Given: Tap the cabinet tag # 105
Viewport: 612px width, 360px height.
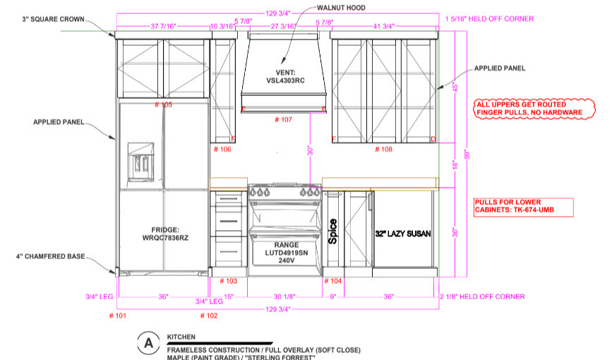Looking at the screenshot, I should coord(163,104).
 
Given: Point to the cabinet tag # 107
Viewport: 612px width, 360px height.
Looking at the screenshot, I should coord(282,120).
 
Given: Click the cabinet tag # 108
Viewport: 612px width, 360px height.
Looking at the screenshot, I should coord(383,149).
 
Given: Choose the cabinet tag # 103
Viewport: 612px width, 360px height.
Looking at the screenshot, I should coord(227,281).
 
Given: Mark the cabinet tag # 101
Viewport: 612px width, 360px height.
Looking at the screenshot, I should coord(117,316).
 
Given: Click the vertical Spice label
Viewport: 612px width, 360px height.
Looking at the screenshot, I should coord(333,232).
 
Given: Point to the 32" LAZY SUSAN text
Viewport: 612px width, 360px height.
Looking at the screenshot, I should coord(402,233).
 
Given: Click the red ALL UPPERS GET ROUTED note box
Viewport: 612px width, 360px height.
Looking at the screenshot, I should coord(530,108).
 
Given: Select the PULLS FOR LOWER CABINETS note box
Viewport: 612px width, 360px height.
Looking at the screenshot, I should coord(523,207).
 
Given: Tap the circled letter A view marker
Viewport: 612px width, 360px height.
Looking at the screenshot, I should coord(148,343).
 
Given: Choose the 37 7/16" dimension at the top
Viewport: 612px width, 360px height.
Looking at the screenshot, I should coord(163,26).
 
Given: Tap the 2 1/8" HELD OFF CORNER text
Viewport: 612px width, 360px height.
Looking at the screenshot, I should coord(486,297).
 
